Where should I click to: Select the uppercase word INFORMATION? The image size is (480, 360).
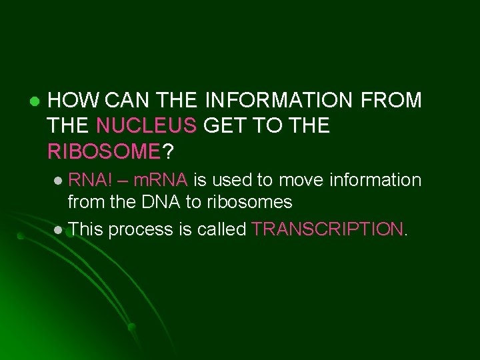pyautogui.click(x=278, y=101)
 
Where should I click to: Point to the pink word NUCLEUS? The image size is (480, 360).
pyautogui.click(x=147, y=126)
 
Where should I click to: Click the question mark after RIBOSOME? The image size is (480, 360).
pyautogui.click(x=169, y=152)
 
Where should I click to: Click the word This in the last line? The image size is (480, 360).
pyautogui.click(x=85, y=229)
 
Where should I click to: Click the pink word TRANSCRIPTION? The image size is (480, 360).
pyautogui.click(x=327, y=229)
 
